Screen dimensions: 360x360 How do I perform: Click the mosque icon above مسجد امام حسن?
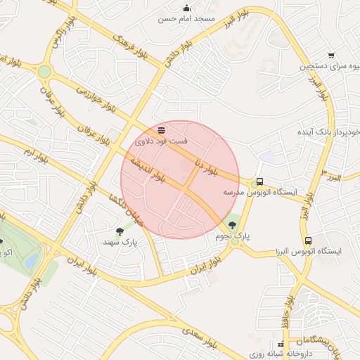pyautogui.click(x=186, y=8)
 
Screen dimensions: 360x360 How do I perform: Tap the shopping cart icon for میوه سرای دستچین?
pyautogui.click(x=332, y=55)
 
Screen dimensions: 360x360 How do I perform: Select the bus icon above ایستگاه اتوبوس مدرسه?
pyautogui.click(x=259, y=181)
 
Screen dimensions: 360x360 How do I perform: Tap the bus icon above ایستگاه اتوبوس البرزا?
pyautogui.click(x=308, y=240)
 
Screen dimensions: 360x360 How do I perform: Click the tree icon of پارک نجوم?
pyautogui.click(x=233, y=225)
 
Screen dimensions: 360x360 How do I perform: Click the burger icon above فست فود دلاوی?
pyautogui.click(x=162, y=130)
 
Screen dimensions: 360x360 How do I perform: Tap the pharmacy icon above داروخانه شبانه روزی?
pyautogui.click(x=281, y=345)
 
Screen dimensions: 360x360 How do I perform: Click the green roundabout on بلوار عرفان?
pyautogui.click(x=44, y=71)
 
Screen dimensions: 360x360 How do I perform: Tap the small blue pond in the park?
pyautogui.click(x=31, y=262)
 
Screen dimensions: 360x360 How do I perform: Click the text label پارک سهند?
pyautogui.click(x=120, y=242)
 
